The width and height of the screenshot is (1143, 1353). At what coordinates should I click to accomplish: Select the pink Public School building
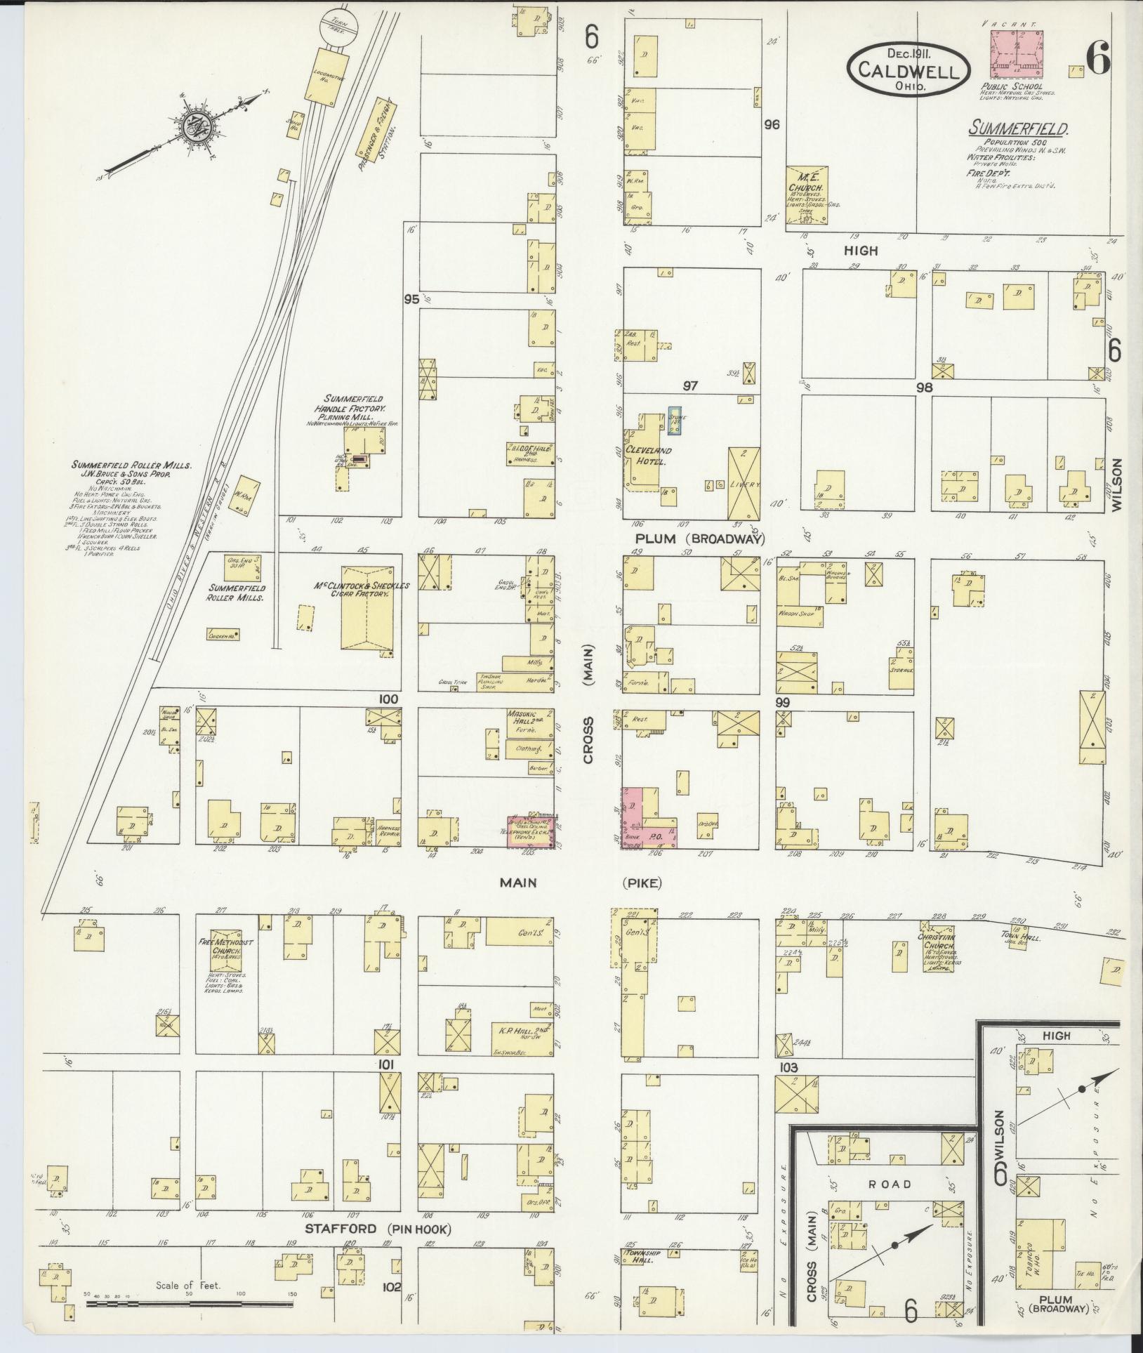1017,54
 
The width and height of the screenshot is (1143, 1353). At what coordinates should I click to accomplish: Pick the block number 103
789,1085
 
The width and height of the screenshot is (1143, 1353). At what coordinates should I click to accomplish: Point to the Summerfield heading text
1019,129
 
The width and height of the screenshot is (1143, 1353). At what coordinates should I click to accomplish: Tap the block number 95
411,299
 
